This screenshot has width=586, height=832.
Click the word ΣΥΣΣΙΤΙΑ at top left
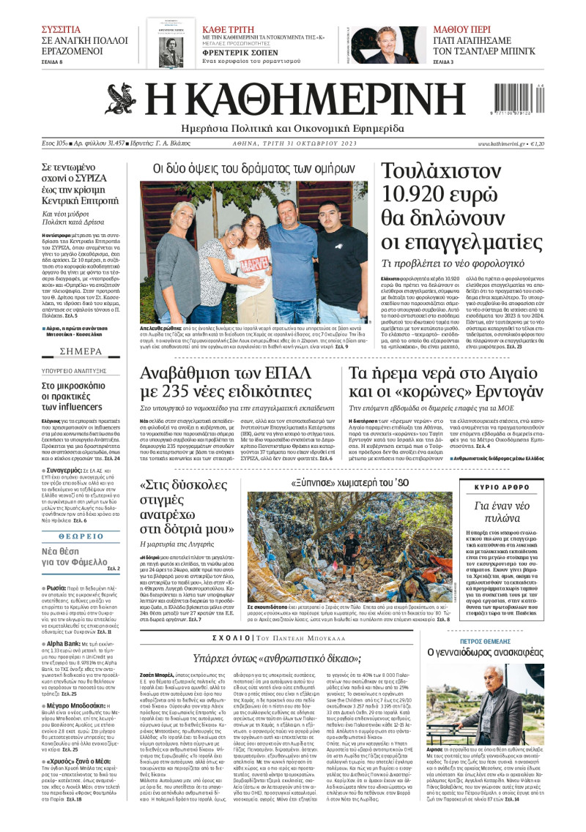point(62,29)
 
